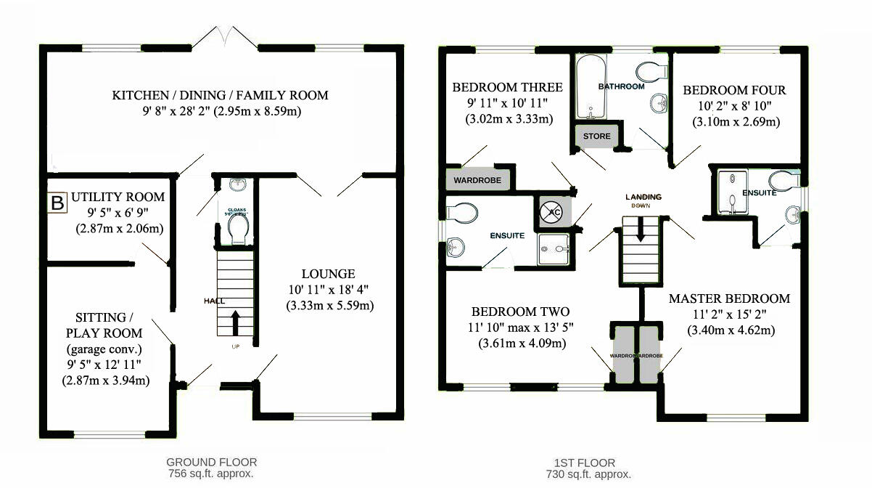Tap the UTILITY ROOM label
[119, 197]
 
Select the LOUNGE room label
[328, 274]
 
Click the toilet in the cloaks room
[238, 229]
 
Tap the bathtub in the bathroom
[593, 89]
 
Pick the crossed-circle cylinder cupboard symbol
[551, 212]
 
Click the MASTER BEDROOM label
[728, 298]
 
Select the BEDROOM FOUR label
[734, 91]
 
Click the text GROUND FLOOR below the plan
[211, 462]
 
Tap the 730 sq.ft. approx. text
[588, 473]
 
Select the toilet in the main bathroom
[652, 71]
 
